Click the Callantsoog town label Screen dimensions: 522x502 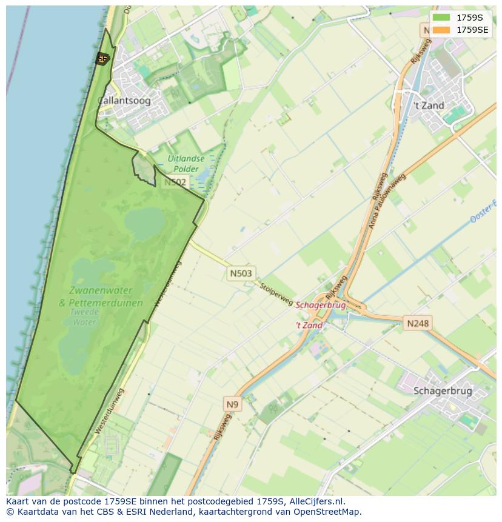pos(124,101)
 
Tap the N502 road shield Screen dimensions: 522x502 pos(175,182)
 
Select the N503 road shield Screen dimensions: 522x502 pos(241,273)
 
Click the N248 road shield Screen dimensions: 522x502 pos(417,323)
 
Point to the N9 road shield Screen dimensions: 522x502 pos(233,404)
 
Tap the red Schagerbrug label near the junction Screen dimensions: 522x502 pos(321,305)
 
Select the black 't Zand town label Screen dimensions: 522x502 pos(429,105)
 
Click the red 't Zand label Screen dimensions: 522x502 pos(309,326)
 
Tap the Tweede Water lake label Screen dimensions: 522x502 pos(84,317)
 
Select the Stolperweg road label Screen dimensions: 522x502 pos(276,293)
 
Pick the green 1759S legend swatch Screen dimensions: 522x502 pos(441,18)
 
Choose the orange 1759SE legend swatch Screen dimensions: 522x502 pos(441,30)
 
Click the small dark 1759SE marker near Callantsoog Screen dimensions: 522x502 pos(102,58)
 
